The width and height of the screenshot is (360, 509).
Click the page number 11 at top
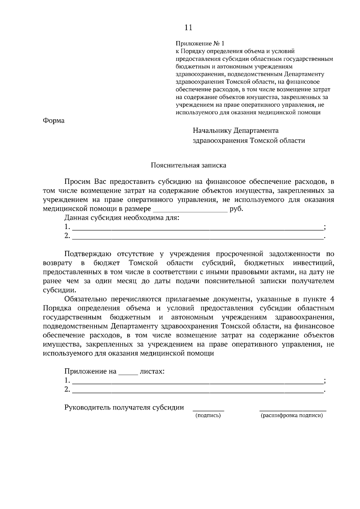pos(188,28)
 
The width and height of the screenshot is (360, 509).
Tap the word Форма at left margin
pos(54,121)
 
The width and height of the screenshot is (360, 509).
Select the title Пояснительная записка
pos(188,165)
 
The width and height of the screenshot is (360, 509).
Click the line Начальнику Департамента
pos(235,131)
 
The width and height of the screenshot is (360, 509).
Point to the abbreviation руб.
pos(236,209)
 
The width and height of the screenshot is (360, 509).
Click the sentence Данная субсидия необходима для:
pos(121,218)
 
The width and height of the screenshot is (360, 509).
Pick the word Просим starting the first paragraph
pos(77,182)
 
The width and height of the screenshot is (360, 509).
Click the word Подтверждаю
pos(88,254)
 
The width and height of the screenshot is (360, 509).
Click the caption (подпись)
pos(208,415)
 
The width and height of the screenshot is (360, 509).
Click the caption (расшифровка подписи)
pos(292,415)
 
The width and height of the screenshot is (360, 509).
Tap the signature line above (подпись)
pos(208,410)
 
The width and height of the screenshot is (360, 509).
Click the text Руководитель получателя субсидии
pos(124,408)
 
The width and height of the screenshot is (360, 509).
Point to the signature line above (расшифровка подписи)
pos(292,410)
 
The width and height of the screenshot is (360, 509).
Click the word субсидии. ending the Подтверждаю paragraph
pos(55,290)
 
